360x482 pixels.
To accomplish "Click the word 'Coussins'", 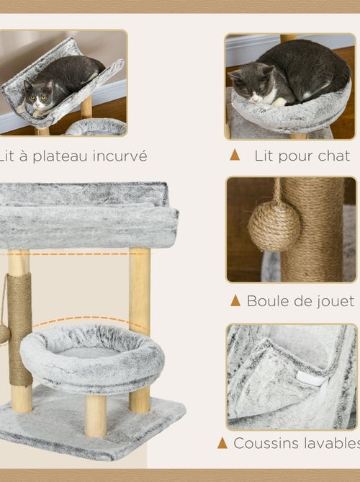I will [x=265, y=443].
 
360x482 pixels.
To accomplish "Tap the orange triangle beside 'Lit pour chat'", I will [x=235, y=155].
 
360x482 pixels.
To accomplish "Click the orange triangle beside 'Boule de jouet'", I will [x=235, y=300].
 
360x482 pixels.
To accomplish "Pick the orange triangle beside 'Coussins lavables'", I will [x=222, y=443].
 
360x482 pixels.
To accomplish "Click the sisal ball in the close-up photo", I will [x=274, y=226].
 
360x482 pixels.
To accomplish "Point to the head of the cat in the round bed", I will [x=246, y=81].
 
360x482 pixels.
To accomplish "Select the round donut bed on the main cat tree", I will [x=91, y=358].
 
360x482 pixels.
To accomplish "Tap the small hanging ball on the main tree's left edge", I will [x=4, y=333].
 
